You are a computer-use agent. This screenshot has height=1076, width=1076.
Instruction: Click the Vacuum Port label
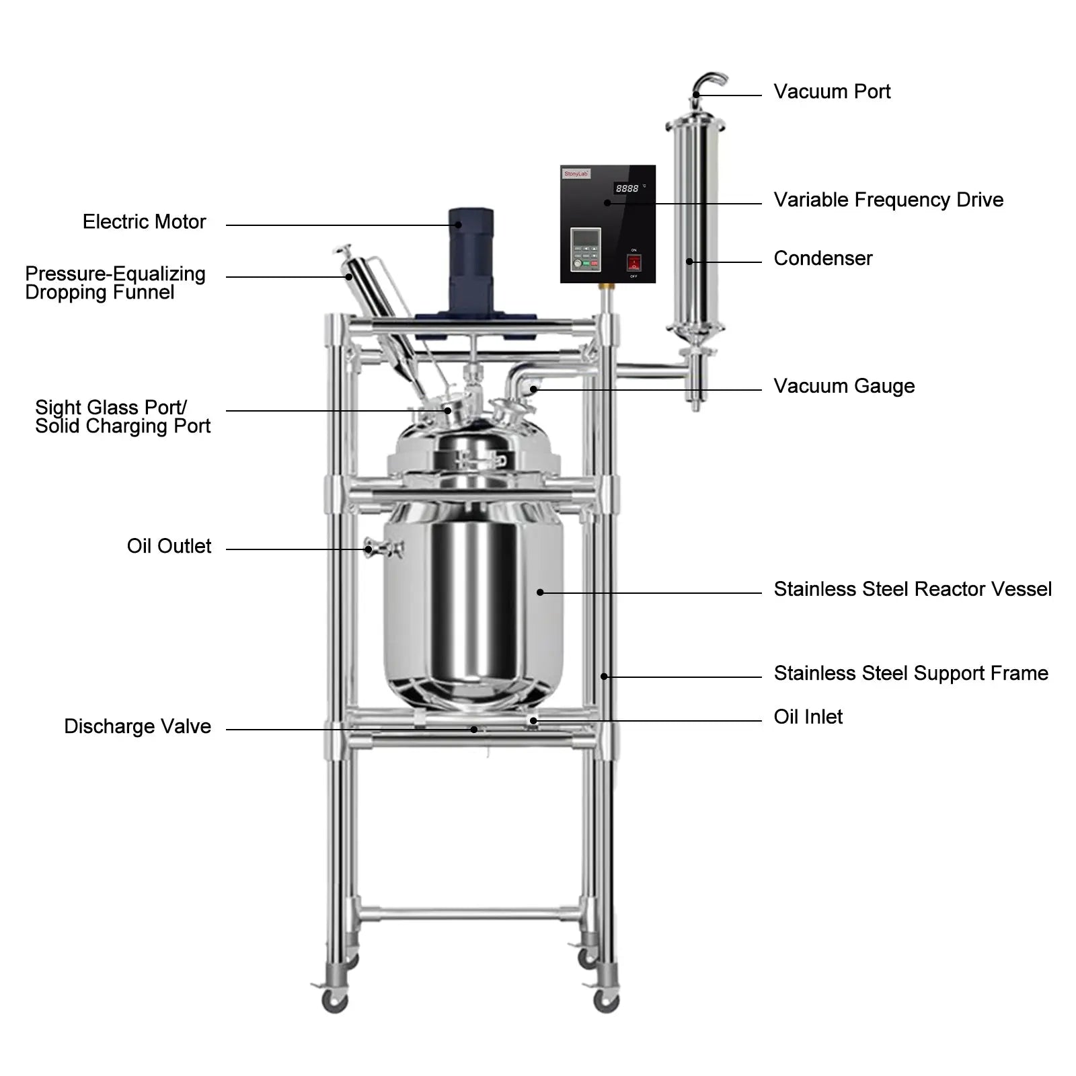tap(831, 91)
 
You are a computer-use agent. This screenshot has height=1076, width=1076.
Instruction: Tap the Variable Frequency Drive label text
tap(888, 200)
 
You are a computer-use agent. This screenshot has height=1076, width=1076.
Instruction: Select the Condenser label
tap(822, 258)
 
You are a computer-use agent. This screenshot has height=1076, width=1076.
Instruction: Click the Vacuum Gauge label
tap(843, 386)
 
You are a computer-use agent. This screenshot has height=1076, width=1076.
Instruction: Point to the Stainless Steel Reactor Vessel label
tap(912, 589)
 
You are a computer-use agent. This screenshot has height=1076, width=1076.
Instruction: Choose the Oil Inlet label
tap(808, 717)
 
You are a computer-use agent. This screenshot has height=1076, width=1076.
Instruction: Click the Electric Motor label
tap(144, 222)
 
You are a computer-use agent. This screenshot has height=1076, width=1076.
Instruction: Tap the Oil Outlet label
tap(169, 546)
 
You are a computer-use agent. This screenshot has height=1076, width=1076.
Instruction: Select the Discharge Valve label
tap(137, 726)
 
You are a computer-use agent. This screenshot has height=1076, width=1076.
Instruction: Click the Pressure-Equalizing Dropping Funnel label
tap(114, 283)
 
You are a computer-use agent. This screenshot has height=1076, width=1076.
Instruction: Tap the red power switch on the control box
tap(633, 263)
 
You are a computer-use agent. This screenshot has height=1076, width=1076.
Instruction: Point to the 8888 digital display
tap(627, 189)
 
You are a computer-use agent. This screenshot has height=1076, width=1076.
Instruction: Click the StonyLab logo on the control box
tap(576, 174)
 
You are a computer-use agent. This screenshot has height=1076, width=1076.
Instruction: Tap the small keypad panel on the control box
tap(585, 249)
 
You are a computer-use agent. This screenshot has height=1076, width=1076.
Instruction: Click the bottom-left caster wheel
tap(334, 1000)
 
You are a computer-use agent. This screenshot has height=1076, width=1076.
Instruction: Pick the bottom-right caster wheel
tap(606, 1000)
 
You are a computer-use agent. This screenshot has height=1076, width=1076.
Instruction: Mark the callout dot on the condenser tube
tap(689, 262)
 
